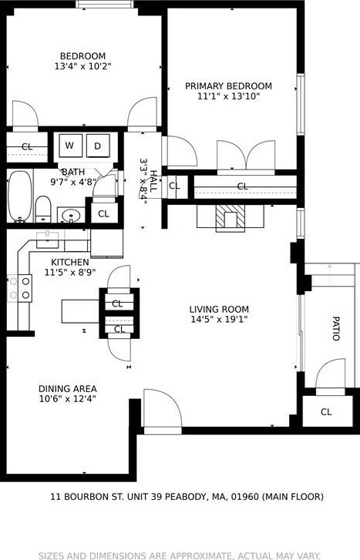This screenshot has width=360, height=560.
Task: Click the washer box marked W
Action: pos(69,146)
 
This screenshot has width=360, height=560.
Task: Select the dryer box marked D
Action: pos(98,146)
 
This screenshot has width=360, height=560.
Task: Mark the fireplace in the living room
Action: pos(227,219)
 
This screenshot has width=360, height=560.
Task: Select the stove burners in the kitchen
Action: pos(25,287)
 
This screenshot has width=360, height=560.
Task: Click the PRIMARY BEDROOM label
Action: pos(228,86)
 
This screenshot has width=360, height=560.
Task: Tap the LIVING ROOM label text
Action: pos(219,310)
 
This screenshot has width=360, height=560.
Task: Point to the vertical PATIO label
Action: pos(335,328)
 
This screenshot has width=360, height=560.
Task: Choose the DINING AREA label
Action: pos(68,388)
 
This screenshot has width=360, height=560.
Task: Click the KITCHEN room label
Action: pos(70,262)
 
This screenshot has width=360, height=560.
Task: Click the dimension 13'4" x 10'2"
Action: pos(83,66)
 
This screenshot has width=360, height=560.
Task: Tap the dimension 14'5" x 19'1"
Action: pos(219,320)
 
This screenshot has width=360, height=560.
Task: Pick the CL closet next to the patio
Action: pos(326,412)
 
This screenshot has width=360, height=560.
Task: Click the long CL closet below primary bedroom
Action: pos(242,186)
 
